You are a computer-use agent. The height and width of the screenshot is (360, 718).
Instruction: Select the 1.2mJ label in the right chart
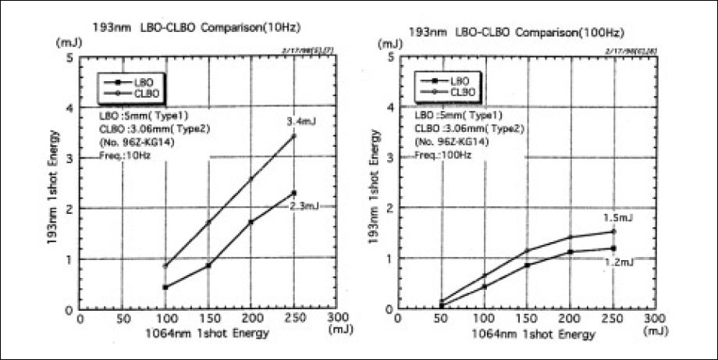click(x=619, y=263)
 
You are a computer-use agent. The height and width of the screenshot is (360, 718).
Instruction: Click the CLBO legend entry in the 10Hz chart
click(x=146, y=93)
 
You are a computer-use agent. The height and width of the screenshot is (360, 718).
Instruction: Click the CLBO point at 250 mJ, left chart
click(x=293, y=136)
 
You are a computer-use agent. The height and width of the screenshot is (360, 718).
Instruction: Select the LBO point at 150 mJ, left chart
click(x=208, y=266)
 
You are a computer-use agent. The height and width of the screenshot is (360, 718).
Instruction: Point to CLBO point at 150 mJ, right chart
click(x=527, y=251)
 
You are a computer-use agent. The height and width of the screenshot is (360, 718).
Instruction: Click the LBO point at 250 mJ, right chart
click(x=613, y=248)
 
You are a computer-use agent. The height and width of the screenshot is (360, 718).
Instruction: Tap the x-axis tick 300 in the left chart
click(x=337, y=320)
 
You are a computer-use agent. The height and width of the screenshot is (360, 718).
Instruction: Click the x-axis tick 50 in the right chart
click(x=440, y=320)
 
